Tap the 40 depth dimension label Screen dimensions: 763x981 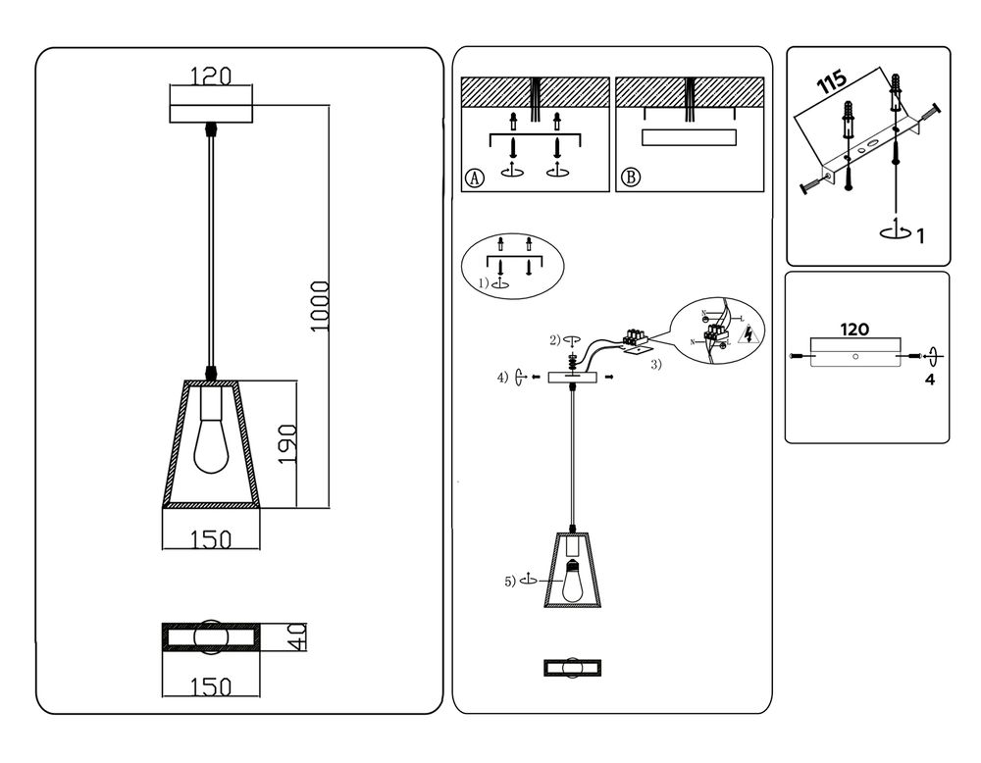(296, 639)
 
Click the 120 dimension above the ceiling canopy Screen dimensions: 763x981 (210, 76)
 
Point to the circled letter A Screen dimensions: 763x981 (475, 178)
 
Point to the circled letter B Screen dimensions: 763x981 (631, 178)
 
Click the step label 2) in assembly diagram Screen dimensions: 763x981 (555, 339)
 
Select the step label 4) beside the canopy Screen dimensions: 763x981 (503, 377)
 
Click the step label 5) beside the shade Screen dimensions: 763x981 (510, 581)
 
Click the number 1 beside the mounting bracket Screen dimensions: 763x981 (919, 235)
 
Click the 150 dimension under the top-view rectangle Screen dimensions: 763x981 (210, 687)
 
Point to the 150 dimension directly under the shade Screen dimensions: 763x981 (210, 538)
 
